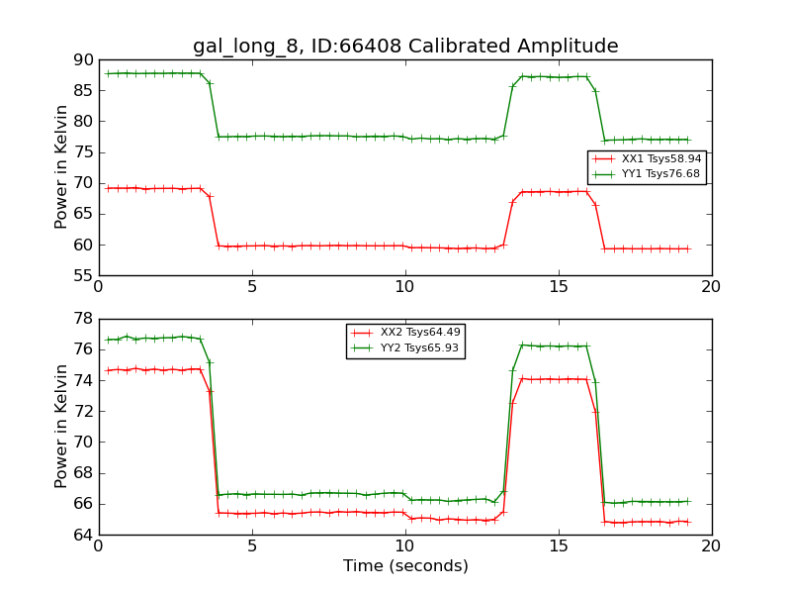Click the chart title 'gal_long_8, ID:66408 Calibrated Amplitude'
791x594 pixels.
(x=405, y=47)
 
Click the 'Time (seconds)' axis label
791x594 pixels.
(x=405, y=566)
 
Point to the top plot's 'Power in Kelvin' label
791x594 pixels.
(x=61, y=166)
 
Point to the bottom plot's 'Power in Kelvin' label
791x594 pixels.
(x=61, y=426)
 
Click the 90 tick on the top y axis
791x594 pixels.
(x=81, y=60)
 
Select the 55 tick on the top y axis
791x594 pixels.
(x=81, y=275)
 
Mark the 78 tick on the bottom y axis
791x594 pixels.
(x=81, y=319)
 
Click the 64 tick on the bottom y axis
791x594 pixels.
(x=81, y=535)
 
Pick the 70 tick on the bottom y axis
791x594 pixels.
(x=81, y=442)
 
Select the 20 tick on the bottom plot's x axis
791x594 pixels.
(x=711, y=545)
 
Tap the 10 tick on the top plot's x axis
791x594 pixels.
(x=404, y=287)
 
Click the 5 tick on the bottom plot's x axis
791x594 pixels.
(x=251, y=545)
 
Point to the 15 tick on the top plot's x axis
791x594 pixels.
(x=558, y=287)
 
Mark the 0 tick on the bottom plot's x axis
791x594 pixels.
(x=98, y=545)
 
